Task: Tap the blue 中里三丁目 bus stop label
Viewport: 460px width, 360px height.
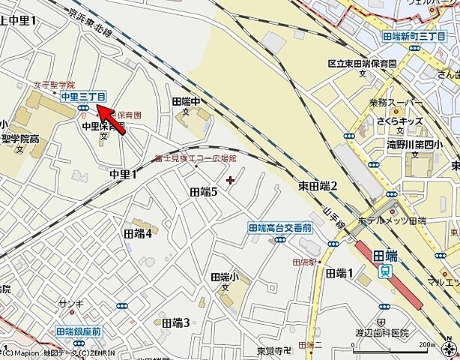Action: (84, 96)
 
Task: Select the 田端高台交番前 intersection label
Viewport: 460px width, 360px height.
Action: (279, 227)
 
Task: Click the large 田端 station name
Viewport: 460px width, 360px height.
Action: (386, 256)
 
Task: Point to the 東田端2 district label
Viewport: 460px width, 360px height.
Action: (318, 185)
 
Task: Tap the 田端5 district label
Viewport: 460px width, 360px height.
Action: (203, 192)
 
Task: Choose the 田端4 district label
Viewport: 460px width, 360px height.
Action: (138, 234)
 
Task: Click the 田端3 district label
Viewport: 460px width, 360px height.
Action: (175, 322)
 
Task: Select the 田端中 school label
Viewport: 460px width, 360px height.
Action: (187, 101)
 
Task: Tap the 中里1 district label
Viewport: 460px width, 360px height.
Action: (124, 175)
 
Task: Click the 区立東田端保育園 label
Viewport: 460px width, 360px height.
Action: (362, 64)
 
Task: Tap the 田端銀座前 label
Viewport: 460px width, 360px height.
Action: (78, 331)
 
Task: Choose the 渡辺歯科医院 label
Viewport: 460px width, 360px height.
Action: (384, 332)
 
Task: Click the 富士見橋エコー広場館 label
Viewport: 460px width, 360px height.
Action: (196, 159)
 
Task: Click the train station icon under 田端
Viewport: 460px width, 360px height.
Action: (385, 271)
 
